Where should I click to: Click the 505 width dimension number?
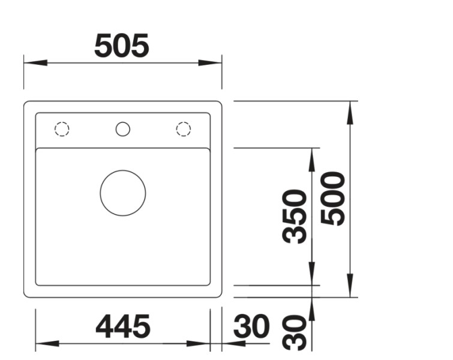(x=122, y=46)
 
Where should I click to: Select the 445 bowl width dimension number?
(x=123, y=327)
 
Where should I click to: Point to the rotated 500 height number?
(x=334, y=199)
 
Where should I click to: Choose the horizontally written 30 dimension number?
(x=251, y=327)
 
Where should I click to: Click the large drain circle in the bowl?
(x=122, y=193)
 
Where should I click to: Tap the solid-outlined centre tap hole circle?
(x=122, y=129)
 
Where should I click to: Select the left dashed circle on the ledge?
(x=62, y=129)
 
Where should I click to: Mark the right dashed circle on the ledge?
(x=183, y=129)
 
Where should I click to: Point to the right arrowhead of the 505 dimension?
(x=211, y=62)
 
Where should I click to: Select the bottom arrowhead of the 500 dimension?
(x=350, y=286)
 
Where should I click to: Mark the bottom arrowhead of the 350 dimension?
(x=311, y=274)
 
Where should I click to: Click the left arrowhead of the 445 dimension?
(x=47, y=344)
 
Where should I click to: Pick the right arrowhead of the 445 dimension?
(x=198, y=344)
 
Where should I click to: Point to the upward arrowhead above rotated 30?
(x=311, y=308)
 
